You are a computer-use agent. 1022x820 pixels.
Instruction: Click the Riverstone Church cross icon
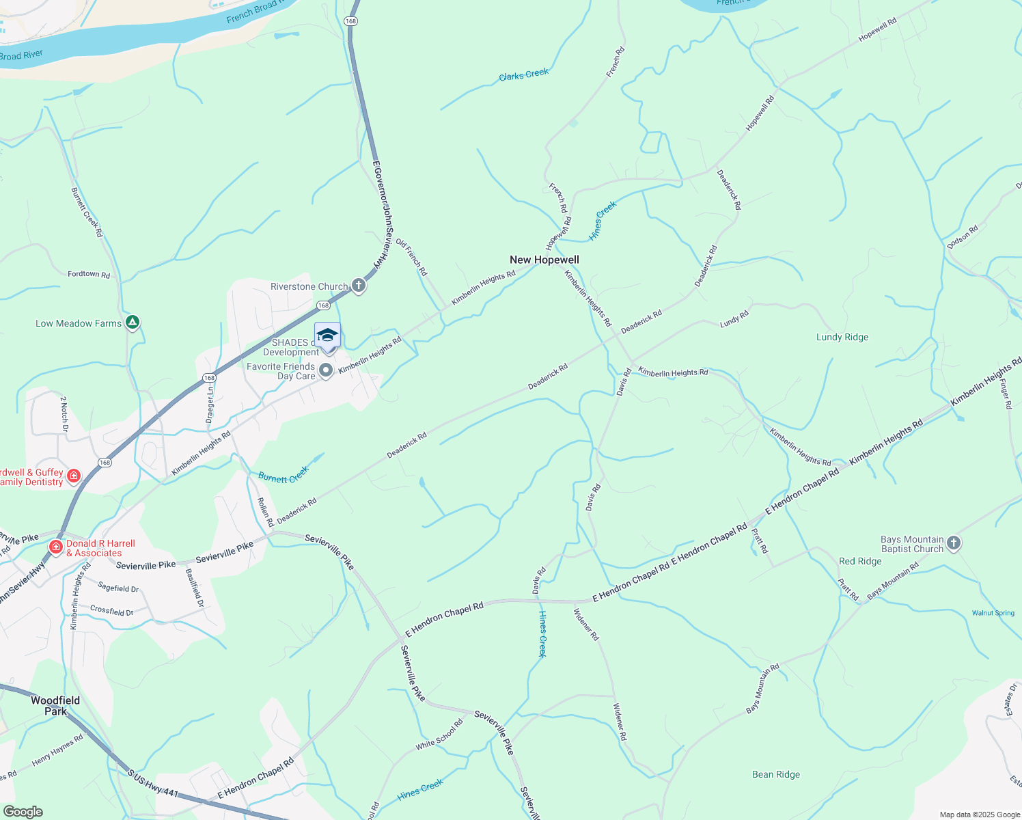[359, 286]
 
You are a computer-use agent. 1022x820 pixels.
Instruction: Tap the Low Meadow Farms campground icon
[133, 323]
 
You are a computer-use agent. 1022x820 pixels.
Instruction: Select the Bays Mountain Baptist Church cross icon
[954, 543]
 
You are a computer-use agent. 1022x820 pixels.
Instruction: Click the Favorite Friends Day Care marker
[327, 370]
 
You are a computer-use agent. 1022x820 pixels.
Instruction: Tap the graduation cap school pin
[327, 336]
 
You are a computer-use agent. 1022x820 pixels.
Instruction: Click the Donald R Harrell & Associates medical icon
[56, 547]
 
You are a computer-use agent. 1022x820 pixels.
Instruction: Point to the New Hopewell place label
[544, 260]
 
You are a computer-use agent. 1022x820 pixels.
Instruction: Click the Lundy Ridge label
[842, 337]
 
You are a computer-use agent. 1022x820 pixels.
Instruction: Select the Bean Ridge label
[776, 774]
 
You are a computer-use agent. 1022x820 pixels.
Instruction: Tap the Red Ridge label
[860, 561]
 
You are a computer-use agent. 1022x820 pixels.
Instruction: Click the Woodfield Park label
[55, 705]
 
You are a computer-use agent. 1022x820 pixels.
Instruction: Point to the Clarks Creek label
[523, 74]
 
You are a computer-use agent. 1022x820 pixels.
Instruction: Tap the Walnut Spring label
[993, 613]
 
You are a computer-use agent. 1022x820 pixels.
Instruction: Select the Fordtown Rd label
[89, 274]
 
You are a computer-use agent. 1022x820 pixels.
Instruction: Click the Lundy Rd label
[734, 318]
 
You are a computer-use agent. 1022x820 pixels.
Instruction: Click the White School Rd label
[439, 735]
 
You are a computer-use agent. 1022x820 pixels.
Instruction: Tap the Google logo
[23, 812]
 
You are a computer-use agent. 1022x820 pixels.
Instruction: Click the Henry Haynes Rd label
[57, 750]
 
